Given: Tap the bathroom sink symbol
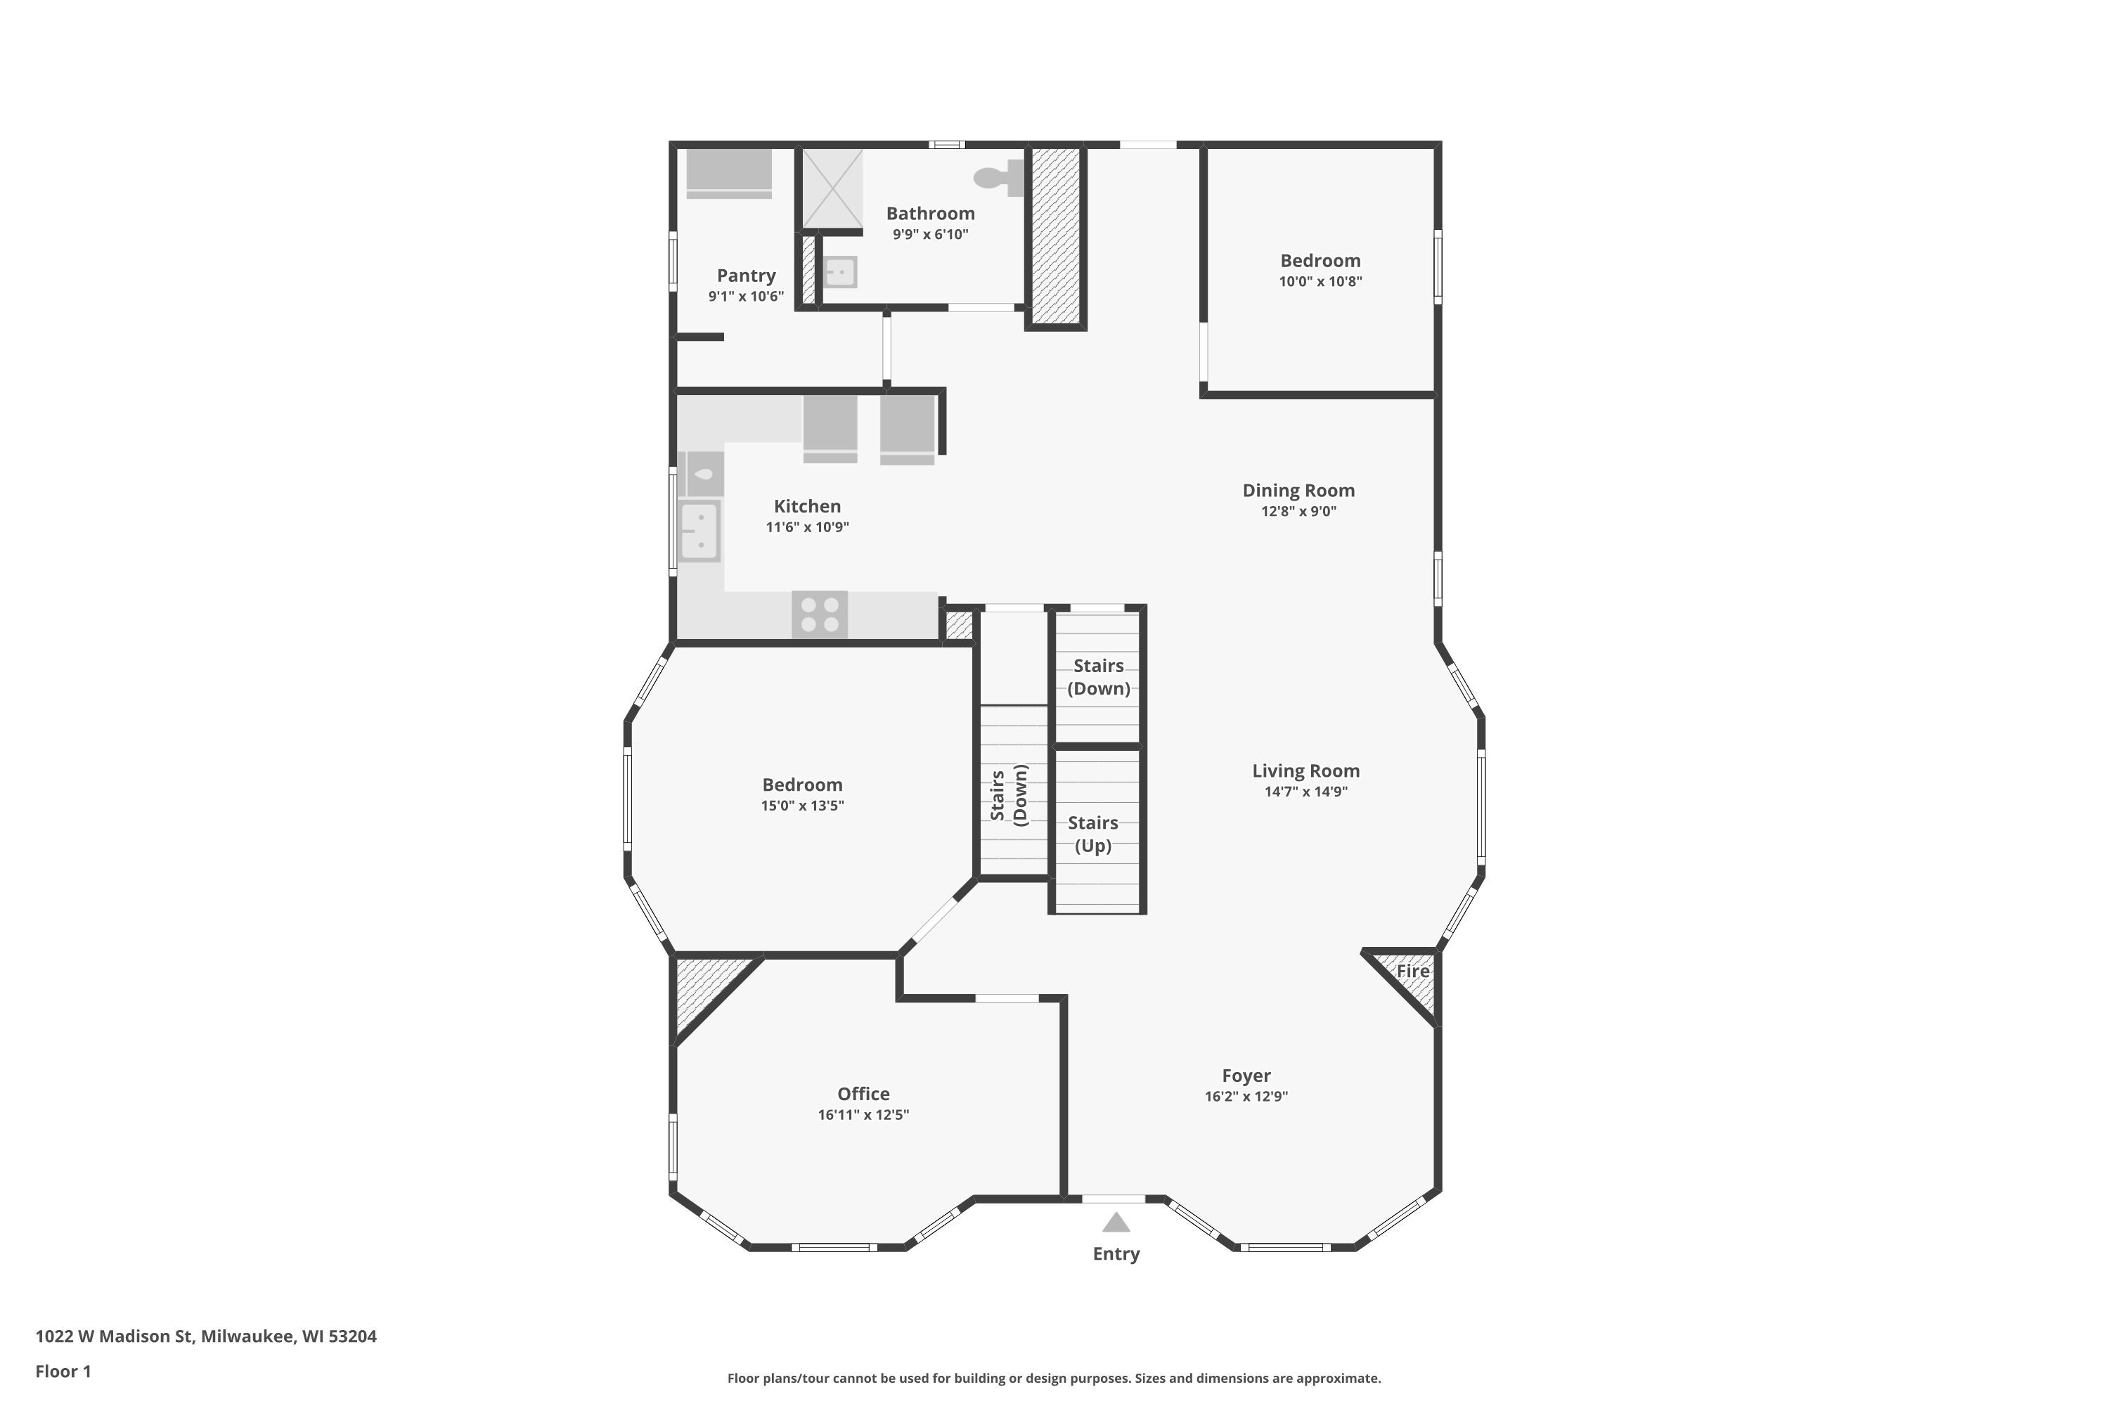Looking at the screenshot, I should [x=839, y=271].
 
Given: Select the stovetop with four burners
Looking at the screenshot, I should [x=820, y=614].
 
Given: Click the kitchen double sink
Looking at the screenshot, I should [x=699, y=531].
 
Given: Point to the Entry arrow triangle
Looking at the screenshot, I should [x=1116, y=1223].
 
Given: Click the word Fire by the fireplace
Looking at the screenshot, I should [x=1412, y=971].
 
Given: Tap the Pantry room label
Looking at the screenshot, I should [x=746, y=276].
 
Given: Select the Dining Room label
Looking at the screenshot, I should [x=1298, y=491].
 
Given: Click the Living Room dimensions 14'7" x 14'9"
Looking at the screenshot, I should [x=1305, y=792].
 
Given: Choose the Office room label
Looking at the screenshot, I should [x=863, y=1094].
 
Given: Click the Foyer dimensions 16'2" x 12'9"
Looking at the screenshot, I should [x=1246, y=1097].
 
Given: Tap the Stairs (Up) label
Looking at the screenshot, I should [x=1093, y=834].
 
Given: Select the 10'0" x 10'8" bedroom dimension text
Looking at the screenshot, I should [x=1320, y=282].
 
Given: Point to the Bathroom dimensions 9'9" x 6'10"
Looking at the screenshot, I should [x=930, y=235].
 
